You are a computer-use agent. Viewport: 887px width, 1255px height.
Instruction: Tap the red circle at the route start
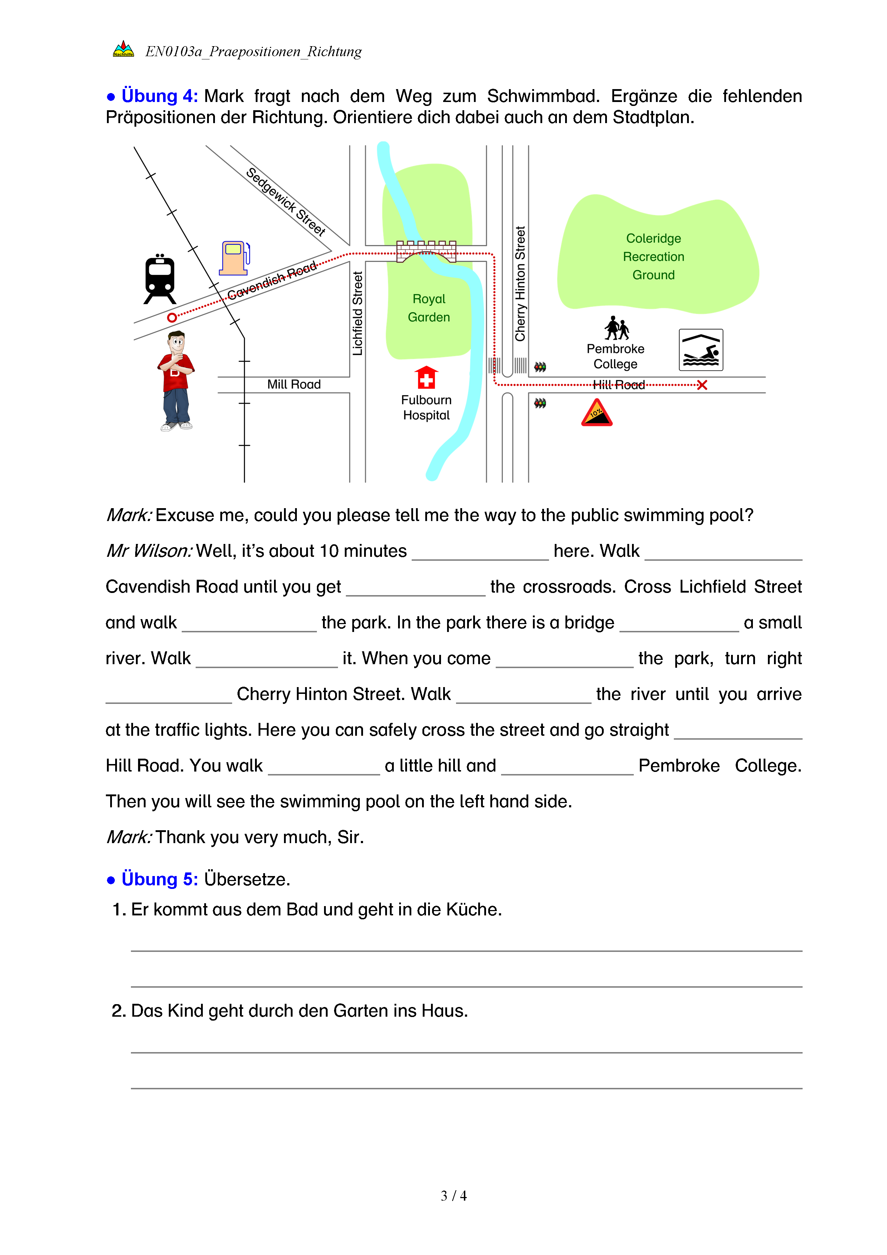click(172, 317)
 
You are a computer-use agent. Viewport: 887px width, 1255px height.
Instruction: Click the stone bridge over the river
click(426, 251)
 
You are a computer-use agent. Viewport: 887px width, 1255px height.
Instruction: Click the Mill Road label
click(294, 384)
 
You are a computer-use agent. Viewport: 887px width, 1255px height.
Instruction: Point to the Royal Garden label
click(429, 308)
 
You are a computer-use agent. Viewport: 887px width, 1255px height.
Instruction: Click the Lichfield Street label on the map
click(358, 313)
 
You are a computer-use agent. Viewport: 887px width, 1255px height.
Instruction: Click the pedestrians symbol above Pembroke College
click(616, 328)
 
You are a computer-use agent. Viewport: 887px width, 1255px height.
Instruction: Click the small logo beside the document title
click(123, 50)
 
